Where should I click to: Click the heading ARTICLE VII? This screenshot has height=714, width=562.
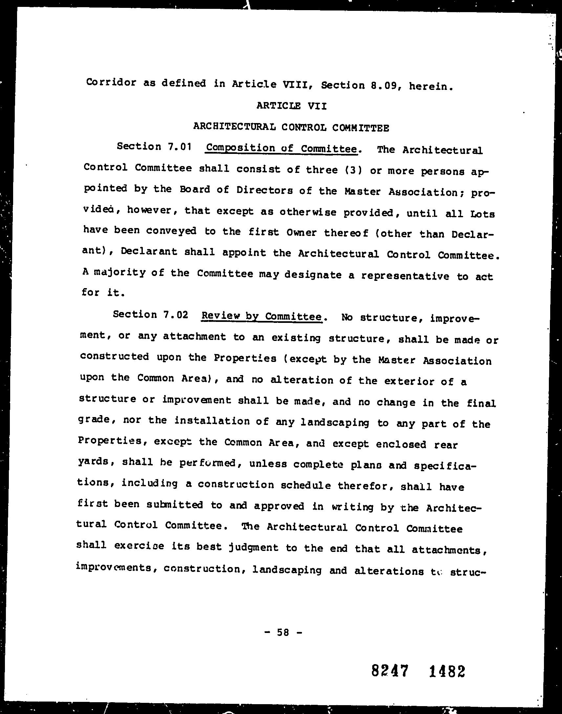pyautogui.click(x=291, y=106)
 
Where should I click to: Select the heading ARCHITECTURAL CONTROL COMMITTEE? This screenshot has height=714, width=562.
pyautogui.click(x=291, y=127)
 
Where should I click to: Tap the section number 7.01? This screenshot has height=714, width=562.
pyautogui.click(x=179, y=147)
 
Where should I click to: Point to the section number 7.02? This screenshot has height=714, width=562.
pyautogui.click(x=175, y=315)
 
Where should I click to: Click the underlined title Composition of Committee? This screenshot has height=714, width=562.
pyautogui.click(x=282, y=148)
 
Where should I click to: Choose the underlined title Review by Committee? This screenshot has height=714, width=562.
pyautogui.click(x=262, y=316)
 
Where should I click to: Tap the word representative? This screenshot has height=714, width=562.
pyautogui.click(x=405, y=276)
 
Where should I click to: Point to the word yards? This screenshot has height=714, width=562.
pyautogui.click(x=94, y=461)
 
